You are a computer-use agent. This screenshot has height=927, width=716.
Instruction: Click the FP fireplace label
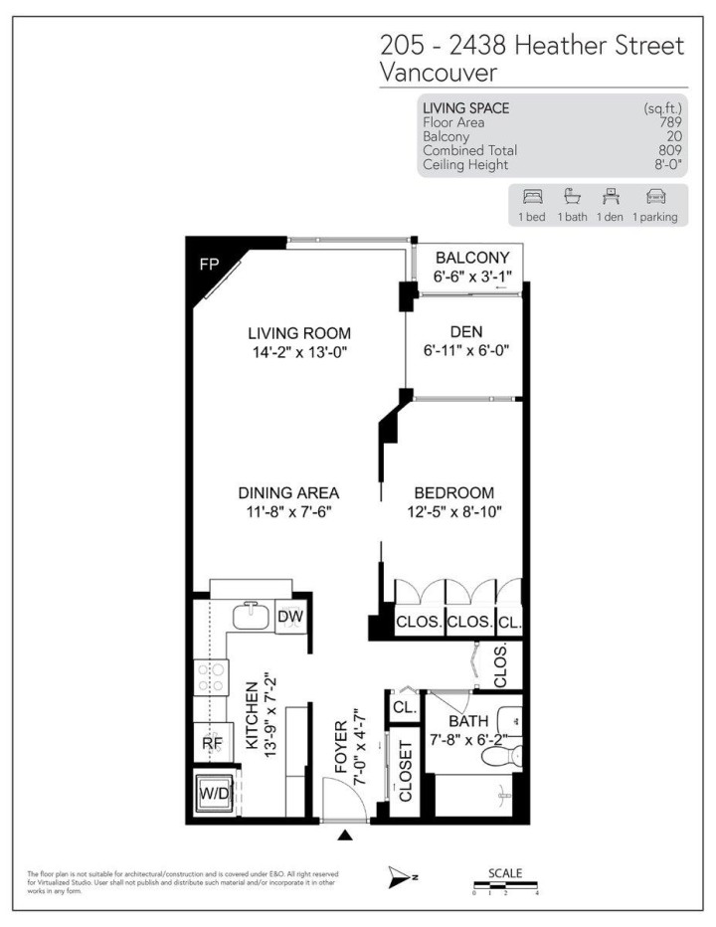[210, 265]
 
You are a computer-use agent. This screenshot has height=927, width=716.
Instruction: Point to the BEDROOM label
[453, 493]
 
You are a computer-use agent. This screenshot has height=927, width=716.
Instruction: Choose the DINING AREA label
[288, 493]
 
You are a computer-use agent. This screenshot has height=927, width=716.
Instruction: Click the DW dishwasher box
[289, 617]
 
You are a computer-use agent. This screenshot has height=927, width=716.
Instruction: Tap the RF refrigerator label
[211, 741]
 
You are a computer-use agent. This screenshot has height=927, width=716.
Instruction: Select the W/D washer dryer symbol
[215, 795]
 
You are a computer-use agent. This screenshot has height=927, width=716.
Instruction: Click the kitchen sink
[251, 617]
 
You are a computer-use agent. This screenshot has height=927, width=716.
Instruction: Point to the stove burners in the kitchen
[210, 678]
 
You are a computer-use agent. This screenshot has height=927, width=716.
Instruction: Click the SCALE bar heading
[505, 872]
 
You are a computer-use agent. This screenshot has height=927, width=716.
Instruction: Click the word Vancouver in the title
[439, 73]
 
